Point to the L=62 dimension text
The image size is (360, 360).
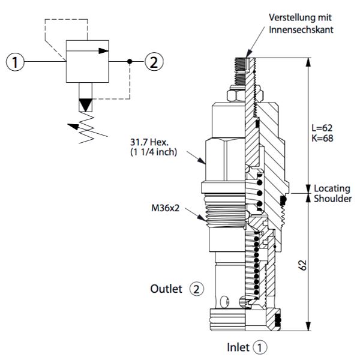click(x=322, y=128)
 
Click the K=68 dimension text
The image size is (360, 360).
click(x=322, y=138)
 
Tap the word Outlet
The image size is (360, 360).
click(x=166, y=289)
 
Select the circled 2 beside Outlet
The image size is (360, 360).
click(x=196, y=289)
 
